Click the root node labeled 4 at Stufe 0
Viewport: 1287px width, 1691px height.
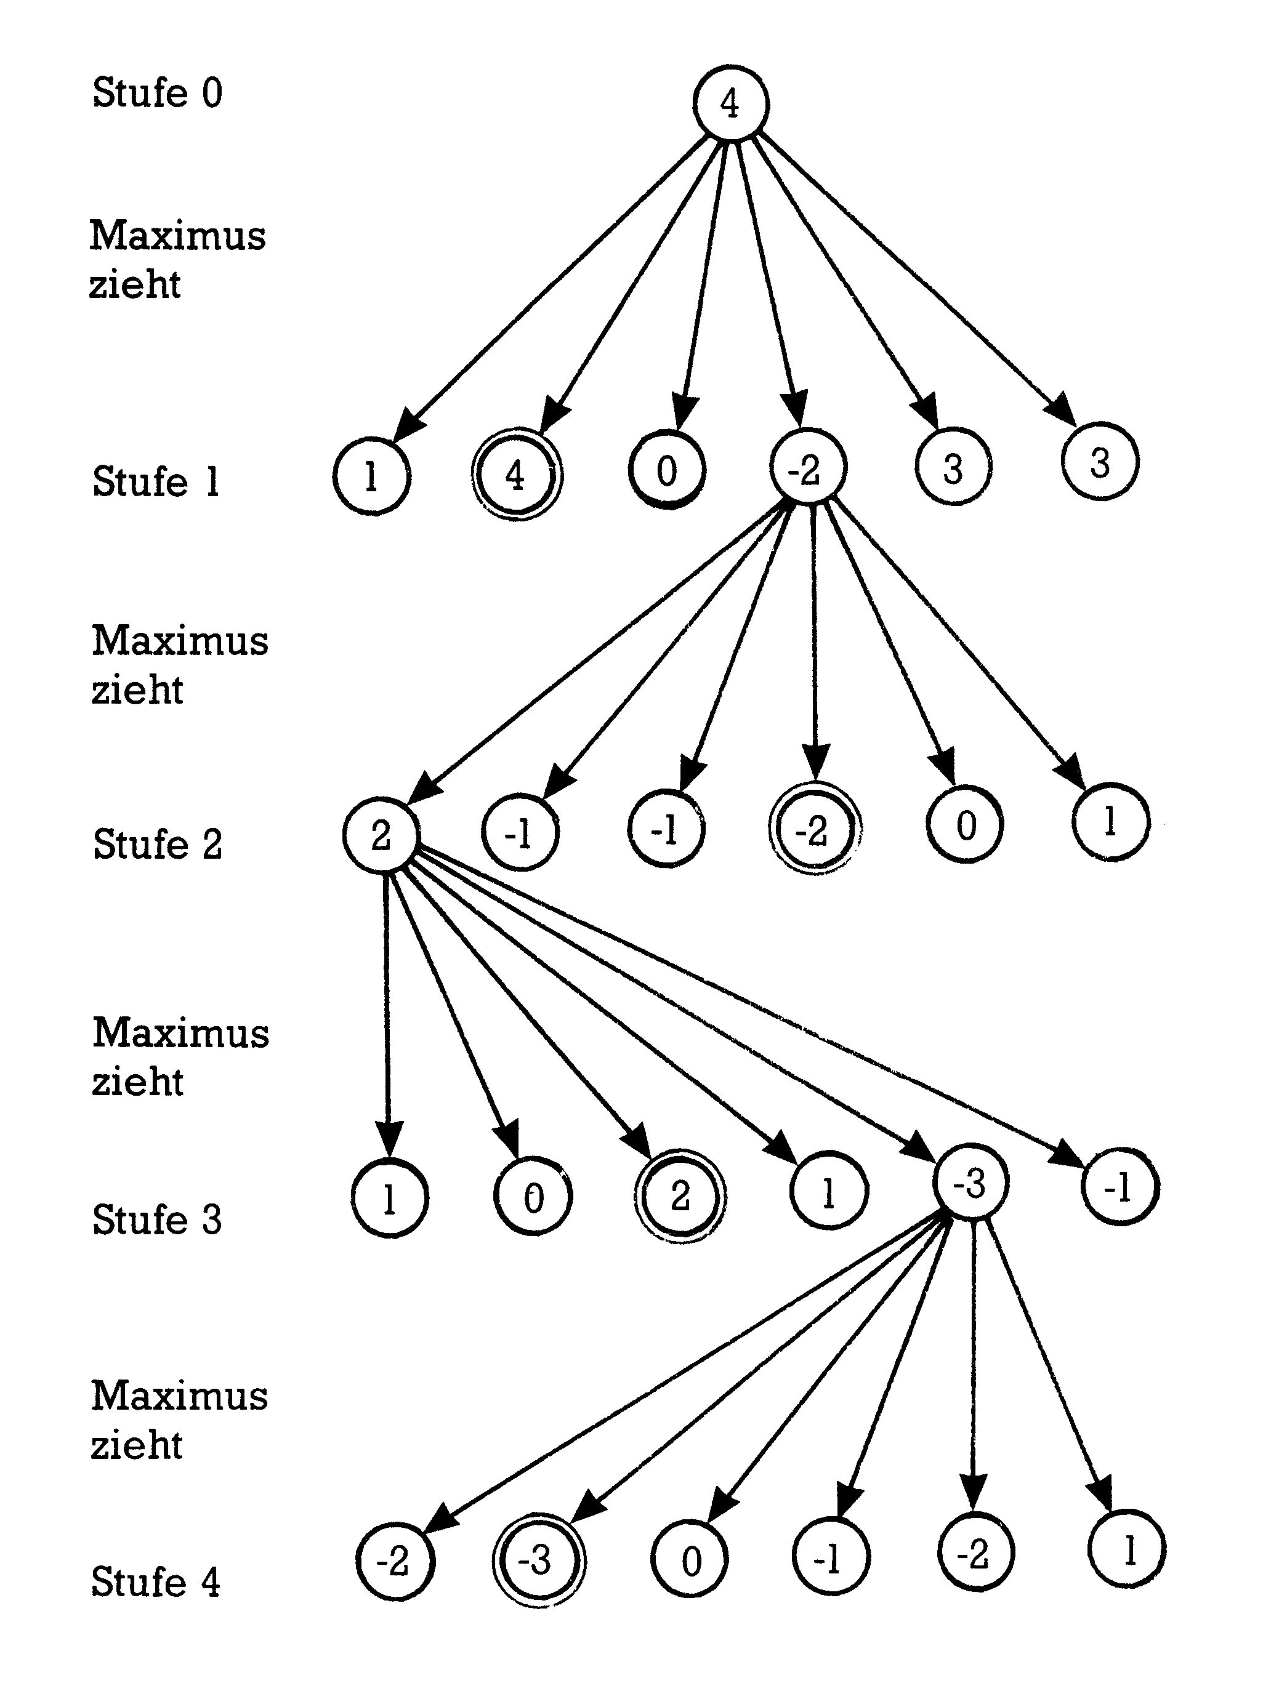point(730,103)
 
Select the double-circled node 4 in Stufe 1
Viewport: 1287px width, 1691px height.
point(515,476)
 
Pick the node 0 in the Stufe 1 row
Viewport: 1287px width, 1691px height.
point(666,471)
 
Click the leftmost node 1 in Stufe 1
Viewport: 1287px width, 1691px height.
point(371,477)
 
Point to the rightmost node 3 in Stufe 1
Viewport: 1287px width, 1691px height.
point(1100,462)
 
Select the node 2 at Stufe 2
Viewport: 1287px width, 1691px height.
point(380,835)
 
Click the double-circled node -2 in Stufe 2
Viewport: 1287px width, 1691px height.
point(813,829)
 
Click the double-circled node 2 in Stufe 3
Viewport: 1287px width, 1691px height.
point(679,1195)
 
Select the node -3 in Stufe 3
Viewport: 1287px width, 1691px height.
point(970,1183)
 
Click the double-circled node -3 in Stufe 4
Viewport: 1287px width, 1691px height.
point(538,1559)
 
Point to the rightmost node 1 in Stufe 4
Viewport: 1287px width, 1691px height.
point(1126,1550)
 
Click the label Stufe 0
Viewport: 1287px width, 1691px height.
point(157,93)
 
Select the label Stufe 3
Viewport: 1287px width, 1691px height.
point(157,1219)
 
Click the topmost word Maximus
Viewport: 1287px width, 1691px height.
point(178,235)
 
